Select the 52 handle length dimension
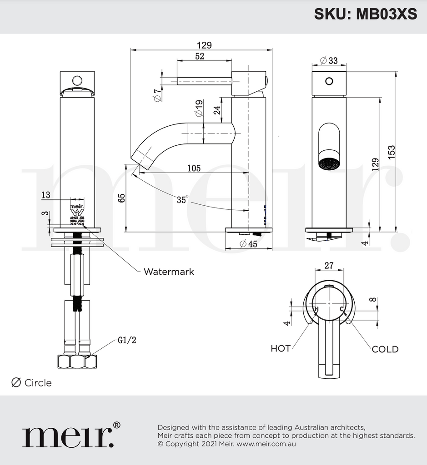(199, 56)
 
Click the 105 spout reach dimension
(194, 168)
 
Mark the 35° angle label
(182, 199)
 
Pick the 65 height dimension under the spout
(121, 198)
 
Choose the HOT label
(280, 349)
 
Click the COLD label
(385, 349)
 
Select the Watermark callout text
(169, 272)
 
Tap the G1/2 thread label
(127, 340)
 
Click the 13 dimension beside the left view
(46, 195)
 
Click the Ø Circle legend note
(31, 383)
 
